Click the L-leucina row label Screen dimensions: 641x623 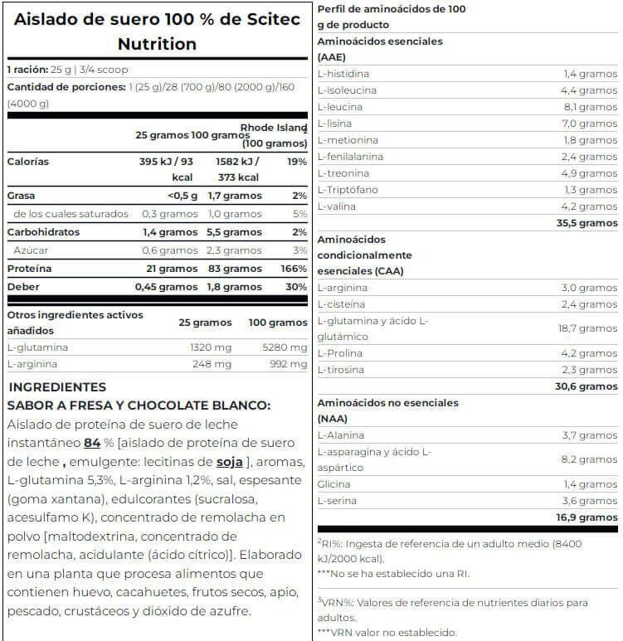(x=340, y=107)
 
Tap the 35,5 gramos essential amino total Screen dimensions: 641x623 (x=586, y=223)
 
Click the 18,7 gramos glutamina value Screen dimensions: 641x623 (x=586, y=328)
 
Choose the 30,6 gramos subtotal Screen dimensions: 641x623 (x=586, y=386)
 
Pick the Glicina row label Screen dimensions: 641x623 (x=333, y=484)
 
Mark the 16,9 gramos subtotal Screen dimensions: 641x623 (x=586, y=517)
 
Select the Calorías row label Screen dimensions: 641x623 (x=27, y=162)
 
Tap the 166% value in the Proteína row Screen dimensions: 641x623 (x=294, y=269)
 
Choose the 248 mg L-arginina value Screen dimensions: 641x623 (x=211, y=364)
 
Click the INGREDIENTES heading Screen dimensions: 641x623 (x=57, y=387)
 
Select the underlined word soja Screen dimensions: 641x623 (x=229, y=461)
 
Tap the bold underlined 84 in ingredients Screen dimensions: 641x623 (x=92, y=443)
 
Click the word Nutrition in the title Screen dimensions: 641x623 (x=157, y=44)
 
